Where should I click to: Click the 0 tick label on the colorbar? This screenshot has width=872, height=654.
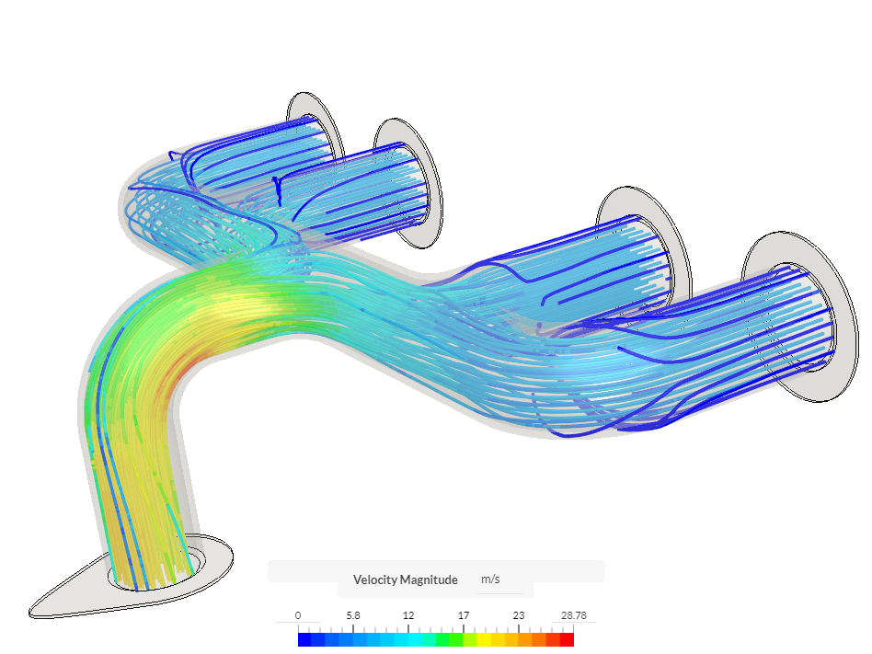(298, 615)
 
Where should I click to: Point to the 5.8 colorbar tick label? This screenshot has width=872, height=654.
(352, 615)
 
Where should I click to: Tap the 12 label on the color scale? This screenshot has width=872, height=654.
(408, 615)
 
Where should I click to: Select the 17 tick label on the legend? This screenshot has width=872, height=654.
(464, 615)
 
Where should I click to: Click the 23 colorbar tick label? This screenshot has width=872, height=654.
(519, 615)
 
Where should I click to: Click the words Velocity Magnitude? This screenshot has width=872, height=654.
(405, 579)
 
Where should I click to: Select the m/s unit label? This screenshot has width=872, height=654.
(491, 579)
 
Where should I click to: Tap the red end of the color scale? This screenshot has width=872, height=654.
(568, 639)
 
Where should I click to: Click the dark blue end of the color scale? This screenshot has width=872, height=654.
(304, 639)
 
